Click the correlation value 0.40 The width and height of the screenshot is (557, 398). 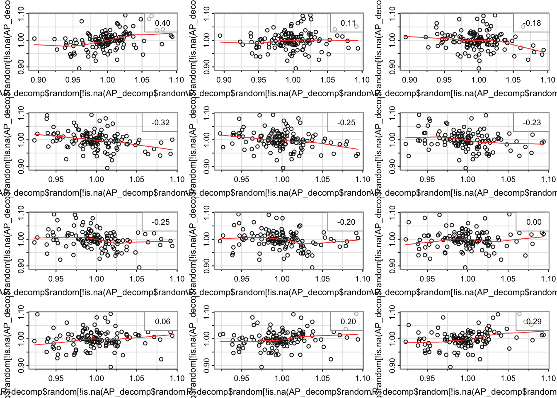[x=162, y=23]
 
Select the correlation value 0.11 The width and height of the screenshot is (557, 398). [x=348, y=23]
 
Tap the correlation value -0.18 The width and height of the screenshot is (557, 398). [x=532, y=23]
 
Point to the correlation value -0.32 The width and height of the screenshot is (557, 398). [x=160, y=123]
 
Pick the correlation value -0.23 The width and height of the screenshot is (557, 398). [x=532, y=123]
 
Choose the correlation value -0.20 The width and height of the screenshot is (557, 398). [x=346, y=222]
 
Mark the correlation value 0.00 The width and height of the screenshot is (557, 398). [x=534, y=222]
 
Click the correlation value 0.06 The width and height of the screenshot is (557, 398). [x=162, y=322]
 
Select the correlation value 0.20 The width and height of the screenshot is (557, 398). [x=348, y=322]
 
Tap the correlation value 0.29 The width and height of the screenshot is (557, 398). [x=534, y=322]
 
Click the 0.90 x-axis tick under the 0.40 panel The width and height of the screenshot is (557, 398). [x=39, y=80]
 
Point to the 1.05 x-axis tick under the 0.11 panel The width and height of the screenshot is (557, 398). [x=327, y=80]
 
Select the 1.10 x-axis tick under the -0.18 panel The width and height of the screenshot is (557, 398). [x=547, y=80]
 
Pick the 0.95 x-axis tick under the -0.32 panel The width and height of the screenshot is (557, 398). [x=56, y=179]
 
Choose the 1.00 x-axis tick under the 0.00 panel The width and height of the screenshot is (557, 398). [x=468, y=279]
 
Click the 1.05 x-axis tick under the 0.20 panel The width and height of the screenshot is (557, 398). [x=322, y=378]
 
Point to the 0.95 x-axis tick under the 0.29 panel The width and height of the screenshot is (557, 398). [x=427, y=378]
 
